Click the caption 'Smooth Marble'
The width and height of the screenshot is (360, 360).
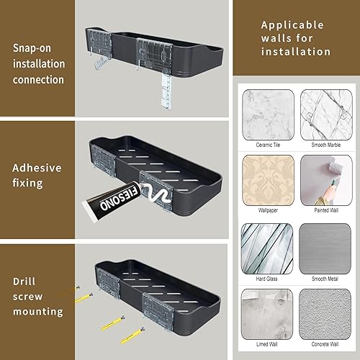point(325,144)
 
